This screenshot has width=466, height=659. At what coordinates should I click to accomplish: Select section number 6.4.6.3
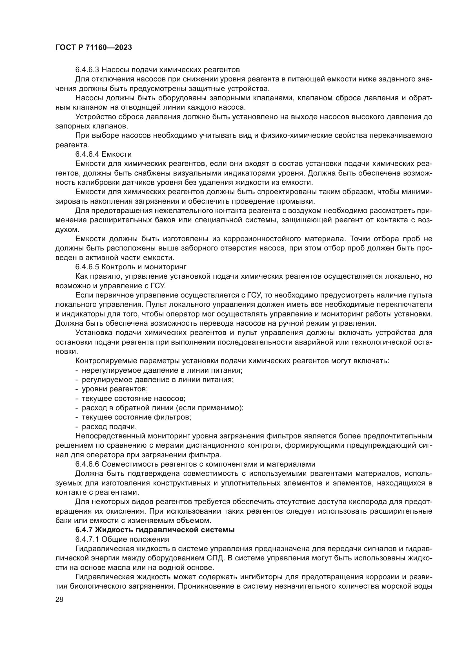click(x=87, y=70)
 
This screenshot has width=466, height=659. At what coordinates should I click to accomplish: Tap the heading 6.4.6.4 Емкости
click(x=103, y=154)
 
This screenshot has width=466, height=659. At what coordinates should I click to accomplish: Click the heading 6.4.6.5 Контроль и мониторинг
click(x=130, y=267)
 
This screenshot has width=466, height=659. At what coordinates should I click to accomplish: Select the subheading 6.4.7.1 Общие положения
click(x=122, y=539)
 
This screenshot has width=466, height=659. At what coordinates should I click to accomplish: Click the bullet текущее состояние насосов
click(x=134, y=398)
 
